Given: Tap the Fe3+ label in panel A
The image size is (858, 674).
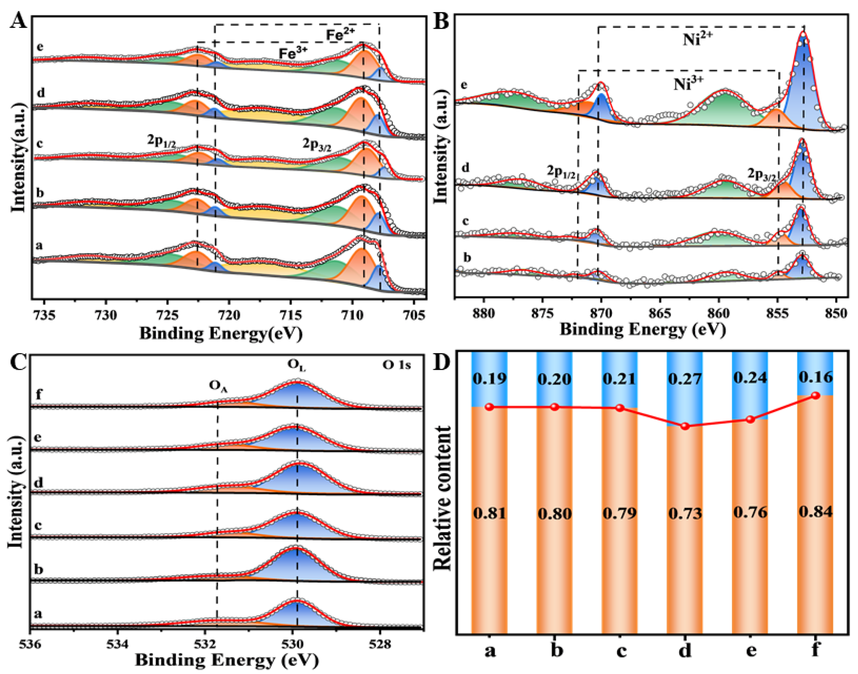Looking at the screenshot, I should point(293,54).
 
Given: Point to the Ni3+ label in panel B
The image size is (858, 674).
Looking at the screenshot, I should point(688,84).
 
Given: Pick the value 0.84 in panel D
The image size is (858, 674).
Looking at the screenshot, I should point(815,512).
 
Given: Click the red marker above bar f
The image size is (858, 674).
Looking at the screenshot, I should point(815,395).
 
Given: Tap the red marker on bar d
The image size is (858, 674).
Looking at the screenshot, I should point(685,426).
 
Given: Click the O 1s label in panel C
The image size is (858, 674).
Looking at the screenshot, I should point(396,365).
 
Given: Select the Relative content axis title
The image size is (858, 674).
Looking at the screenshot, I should point(442,498).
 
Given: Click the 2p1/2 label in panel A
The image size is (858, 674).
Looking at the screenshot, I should point(161,141).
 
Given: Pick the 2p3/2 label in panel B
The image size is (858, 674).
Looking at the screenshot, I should point(762,174).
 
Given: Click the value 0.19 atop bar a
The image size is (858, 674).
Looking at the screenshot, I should point(489,378).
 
